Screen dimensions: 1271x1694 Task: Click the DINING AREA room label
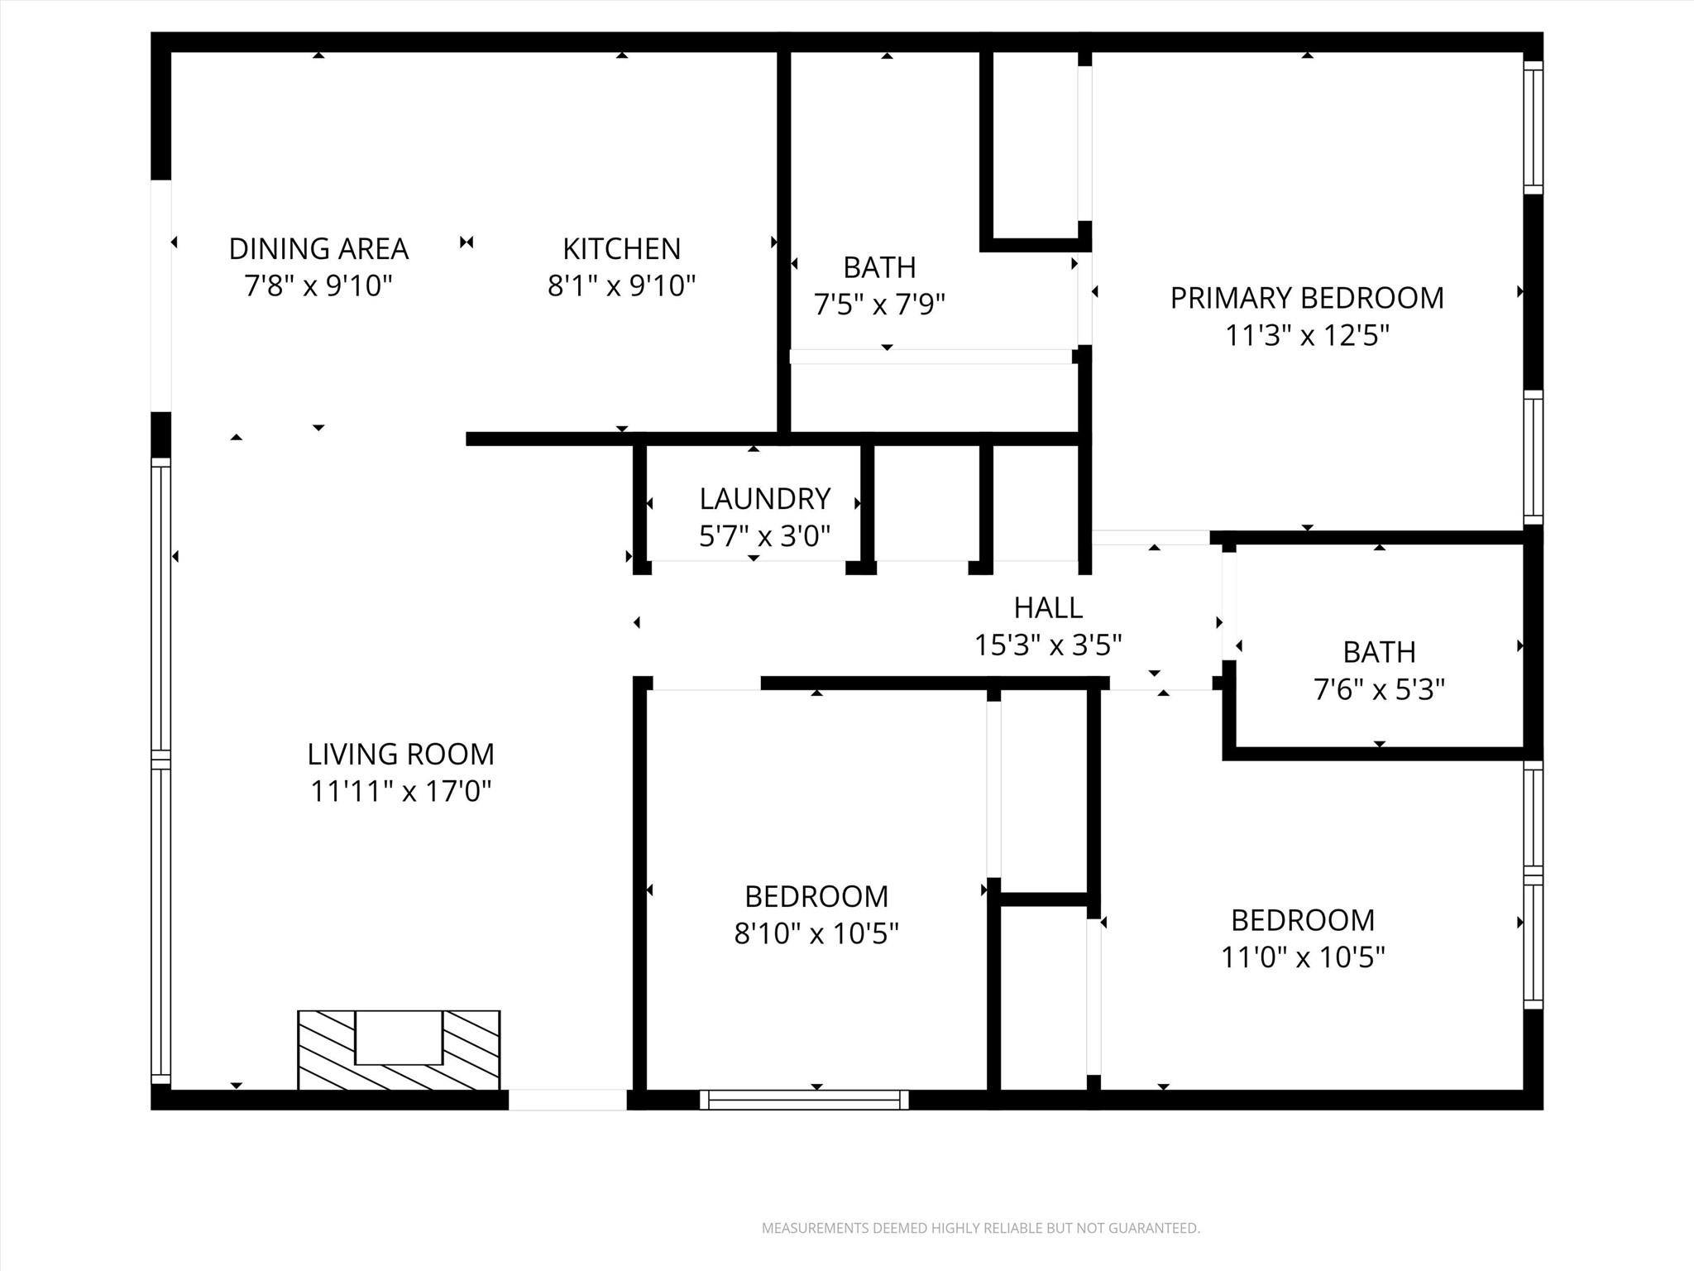[318, 248]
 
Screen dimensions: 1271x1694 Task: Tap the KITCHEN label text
[621, 248]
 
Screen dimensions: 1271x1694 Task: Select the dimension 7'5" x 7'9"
[879, 305]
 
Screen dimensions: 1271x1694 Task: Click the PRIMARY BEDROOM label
[1306, 298]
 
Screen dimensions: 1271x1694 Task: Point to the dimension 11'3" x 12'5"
[1306, 336]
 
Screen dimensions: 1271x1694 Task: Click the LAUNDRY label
[764, 499]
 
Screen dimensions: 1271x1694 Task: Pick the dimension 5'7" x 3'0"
[764, 536]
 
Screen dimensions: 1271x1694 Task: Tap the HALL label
[1048, 607]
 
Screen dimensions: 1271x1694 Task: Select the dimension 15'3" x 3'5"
[1048, 645]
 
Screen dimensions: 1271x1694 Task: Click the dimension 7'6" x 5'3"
[1379, 689]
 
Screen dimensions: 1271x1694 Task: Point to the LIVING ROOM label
[400, 754]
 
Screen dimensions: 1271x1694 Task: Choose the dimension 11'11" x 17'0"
[400, 792]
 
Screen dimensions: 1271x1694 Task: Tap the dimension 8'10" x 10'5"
[816, 933]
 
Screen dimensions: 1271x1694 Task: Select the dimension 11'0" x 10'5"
[1303, 957]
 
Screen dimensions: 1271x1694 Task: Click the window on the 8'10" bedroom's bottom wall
[804, 1100]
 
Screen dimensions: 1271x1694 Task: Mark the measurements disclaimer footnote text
[980, 1228]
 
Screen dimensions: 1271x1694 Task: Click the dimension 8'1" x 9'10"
[621, 286]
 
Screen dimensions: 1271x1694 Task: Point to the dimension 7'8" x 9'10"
[318, 286]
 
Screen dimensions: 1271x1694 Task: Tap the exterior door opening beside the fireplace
[567, 1100]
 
